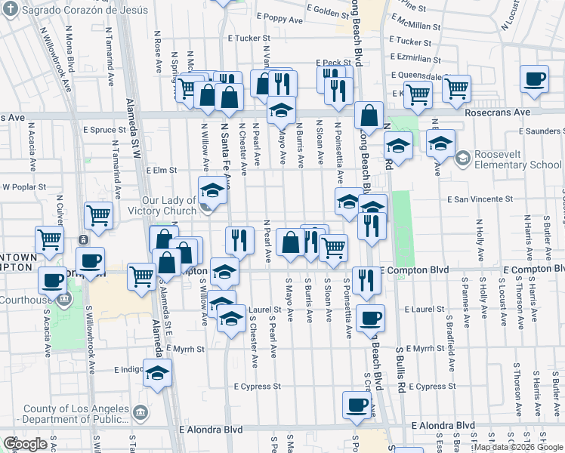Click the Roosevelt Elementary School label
(517, 160)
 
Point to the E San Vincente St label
(480, 199)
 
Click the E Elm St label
(161, 171)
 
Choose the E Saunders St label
(541, 131)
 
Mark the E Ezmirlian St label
(415, 58)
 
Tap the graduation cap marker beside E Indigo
(157, 374)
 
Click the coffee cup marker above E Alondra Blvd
(357, 404)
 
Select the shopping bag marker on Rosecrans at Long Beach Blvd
(369, 116)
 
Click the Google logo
(26, 444)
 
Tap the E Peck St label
(329, 63)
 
